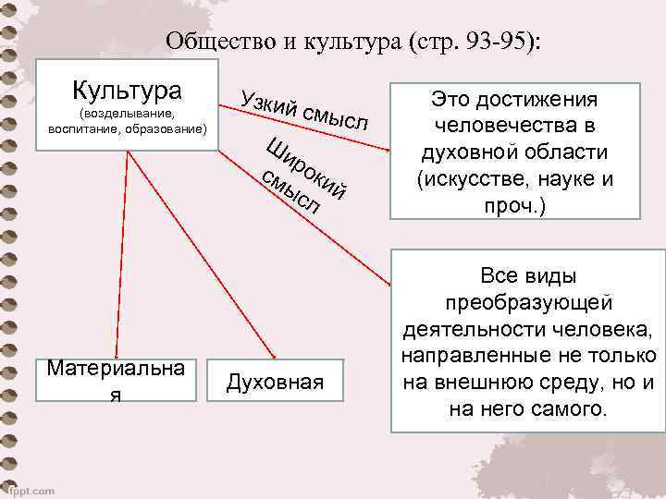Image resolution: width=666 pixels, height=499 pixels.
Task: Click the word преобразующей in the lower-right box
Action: (x=528, y=302)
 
